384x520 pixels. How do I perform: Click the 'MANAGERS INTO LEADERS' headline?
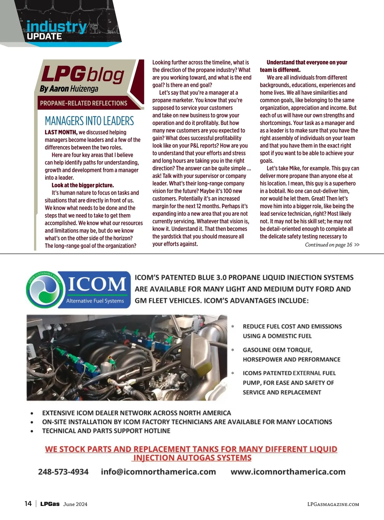click(89, 121)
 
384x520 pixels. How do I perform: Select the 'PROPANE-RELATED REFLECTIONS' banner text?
click(84, 103)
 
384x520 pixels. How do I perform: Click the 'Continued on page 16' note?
click(328, 245)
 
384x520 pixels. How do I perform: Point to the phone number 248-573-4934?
click(63, 472)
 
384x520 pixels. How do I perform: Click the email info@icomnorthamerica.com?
click(158, 472)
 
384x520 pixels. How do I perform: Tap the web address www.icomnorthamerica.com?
click(288, 472)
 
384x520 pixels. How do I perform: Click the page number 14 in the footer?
click(28, 504)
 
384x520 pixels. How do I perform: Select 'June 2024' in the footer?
click(75, 504)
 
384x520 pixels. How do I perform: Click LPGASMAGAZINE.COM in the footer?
click(333, 504)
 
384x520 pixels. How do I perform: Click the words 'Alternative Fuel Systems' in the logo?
click(95, 301)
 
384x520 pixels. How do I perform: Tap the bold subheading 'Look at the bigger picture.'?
click(83, 185)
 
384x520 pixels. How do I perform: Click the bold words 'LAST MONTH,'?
click(61, 132)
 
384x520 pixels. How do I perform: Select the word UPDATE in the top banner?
click(44, 36)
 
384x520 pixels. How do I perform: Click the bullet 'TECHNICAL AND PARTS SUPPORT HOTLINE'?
click(106, 431)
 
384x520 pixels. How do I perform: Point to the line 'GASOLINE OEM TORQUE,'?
click(277, 350)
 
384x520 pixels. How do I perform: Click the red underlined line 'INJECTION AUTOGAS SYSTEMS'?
click(192, 458)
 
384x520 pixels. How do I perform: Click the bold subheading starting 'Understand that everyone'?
click(307, 62)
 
